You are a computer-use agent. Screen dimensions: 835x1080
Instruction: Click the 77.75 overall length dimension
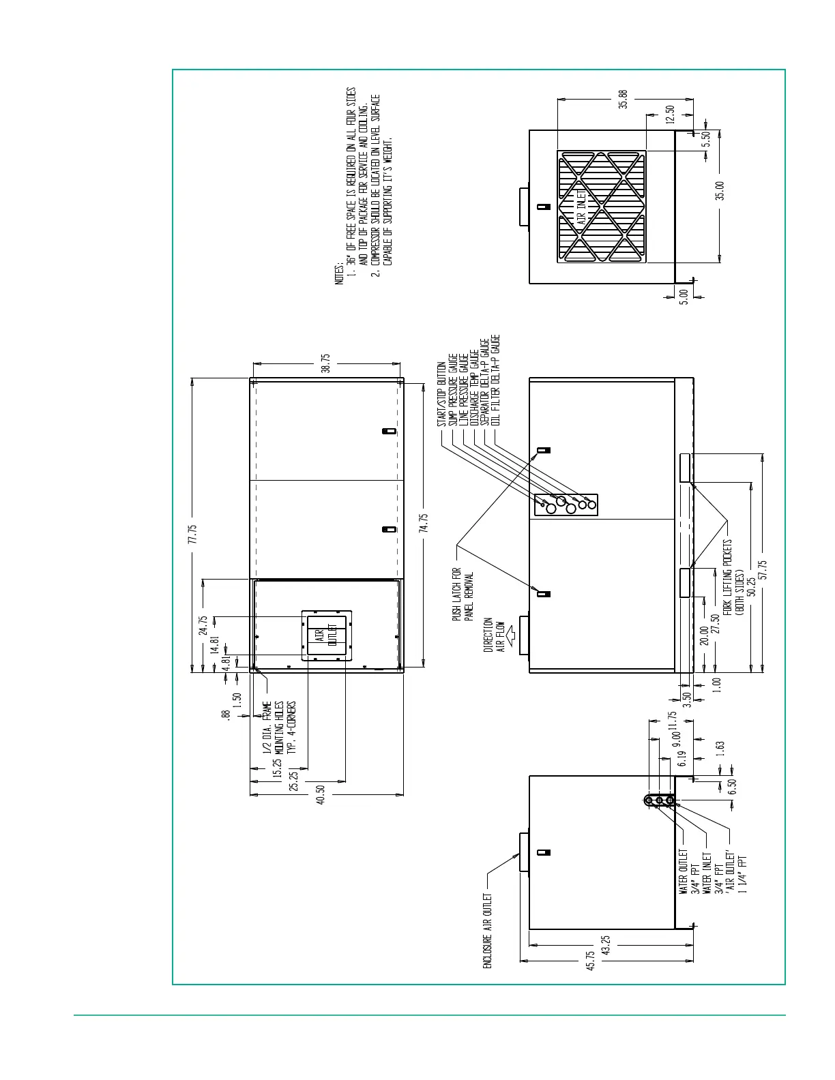point(193,534)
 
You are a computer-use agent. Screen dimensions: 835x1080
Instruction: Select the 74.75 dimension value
point(424,523)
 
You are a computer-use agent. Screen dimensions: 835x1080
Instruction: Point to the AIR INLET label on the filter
point(581,207)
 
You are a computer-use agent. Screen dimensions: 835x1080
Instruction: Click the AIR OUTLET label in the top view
point(327,635)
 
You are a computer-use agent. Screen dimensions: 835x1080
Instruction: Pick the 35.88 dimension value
point(623,99)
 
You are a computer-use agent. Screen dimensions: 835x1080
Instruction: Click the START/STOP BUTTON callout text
point(441,393)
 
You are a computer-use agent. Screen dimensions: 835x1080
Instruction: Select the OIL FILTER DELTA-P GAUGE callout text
point(495,380)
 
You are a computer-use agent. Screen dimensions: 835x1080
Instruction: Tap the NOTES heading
point(339,273)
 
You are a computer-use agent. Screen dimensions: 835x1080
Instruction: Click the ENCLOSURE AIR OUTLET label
point(487,931)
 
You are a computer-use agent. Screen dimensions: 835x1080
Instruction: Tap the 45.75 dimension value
point(590,961)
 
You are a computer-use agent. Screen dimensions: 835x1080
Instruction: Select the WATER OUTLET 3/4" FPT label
point(690,872)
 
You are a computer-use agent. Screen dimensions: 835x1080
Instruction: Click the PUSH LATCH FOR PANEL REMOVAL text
point(463,595)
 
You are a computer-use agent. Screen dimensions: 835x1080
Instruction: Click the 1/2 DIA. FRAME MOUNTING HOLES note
point(279,727)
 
